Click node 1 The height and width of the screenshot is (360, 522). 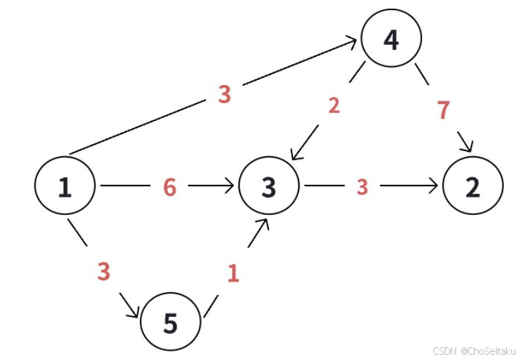click(x=65, y=187)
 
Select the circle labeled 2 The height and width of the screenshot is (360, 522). click(x=472, y=187)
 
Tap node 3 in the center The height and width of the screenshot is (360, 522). click(x=268, y=187)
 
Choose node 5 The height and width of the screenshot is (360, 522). click(x=170, y=323)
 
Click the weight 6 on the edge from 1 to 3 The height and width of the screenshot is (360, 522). click(x=170, y=188)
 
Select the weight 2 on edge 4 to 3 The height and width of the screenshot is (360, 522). click(x=334, y=105)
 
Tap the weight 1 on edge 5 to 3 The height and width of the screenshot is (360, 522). click(x=232, y=273)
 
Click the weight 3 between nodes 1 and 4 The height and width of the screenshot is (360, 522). click(x=224, y=94)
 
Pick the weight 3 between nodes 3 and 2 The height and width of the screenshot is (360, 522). click(x=362, y=188)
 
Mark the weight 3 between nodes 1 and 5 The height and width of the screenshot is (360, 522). click(x=103, y=271)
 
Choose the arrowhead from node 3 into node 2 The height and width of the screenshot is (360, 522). click(x=435, y=187)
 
